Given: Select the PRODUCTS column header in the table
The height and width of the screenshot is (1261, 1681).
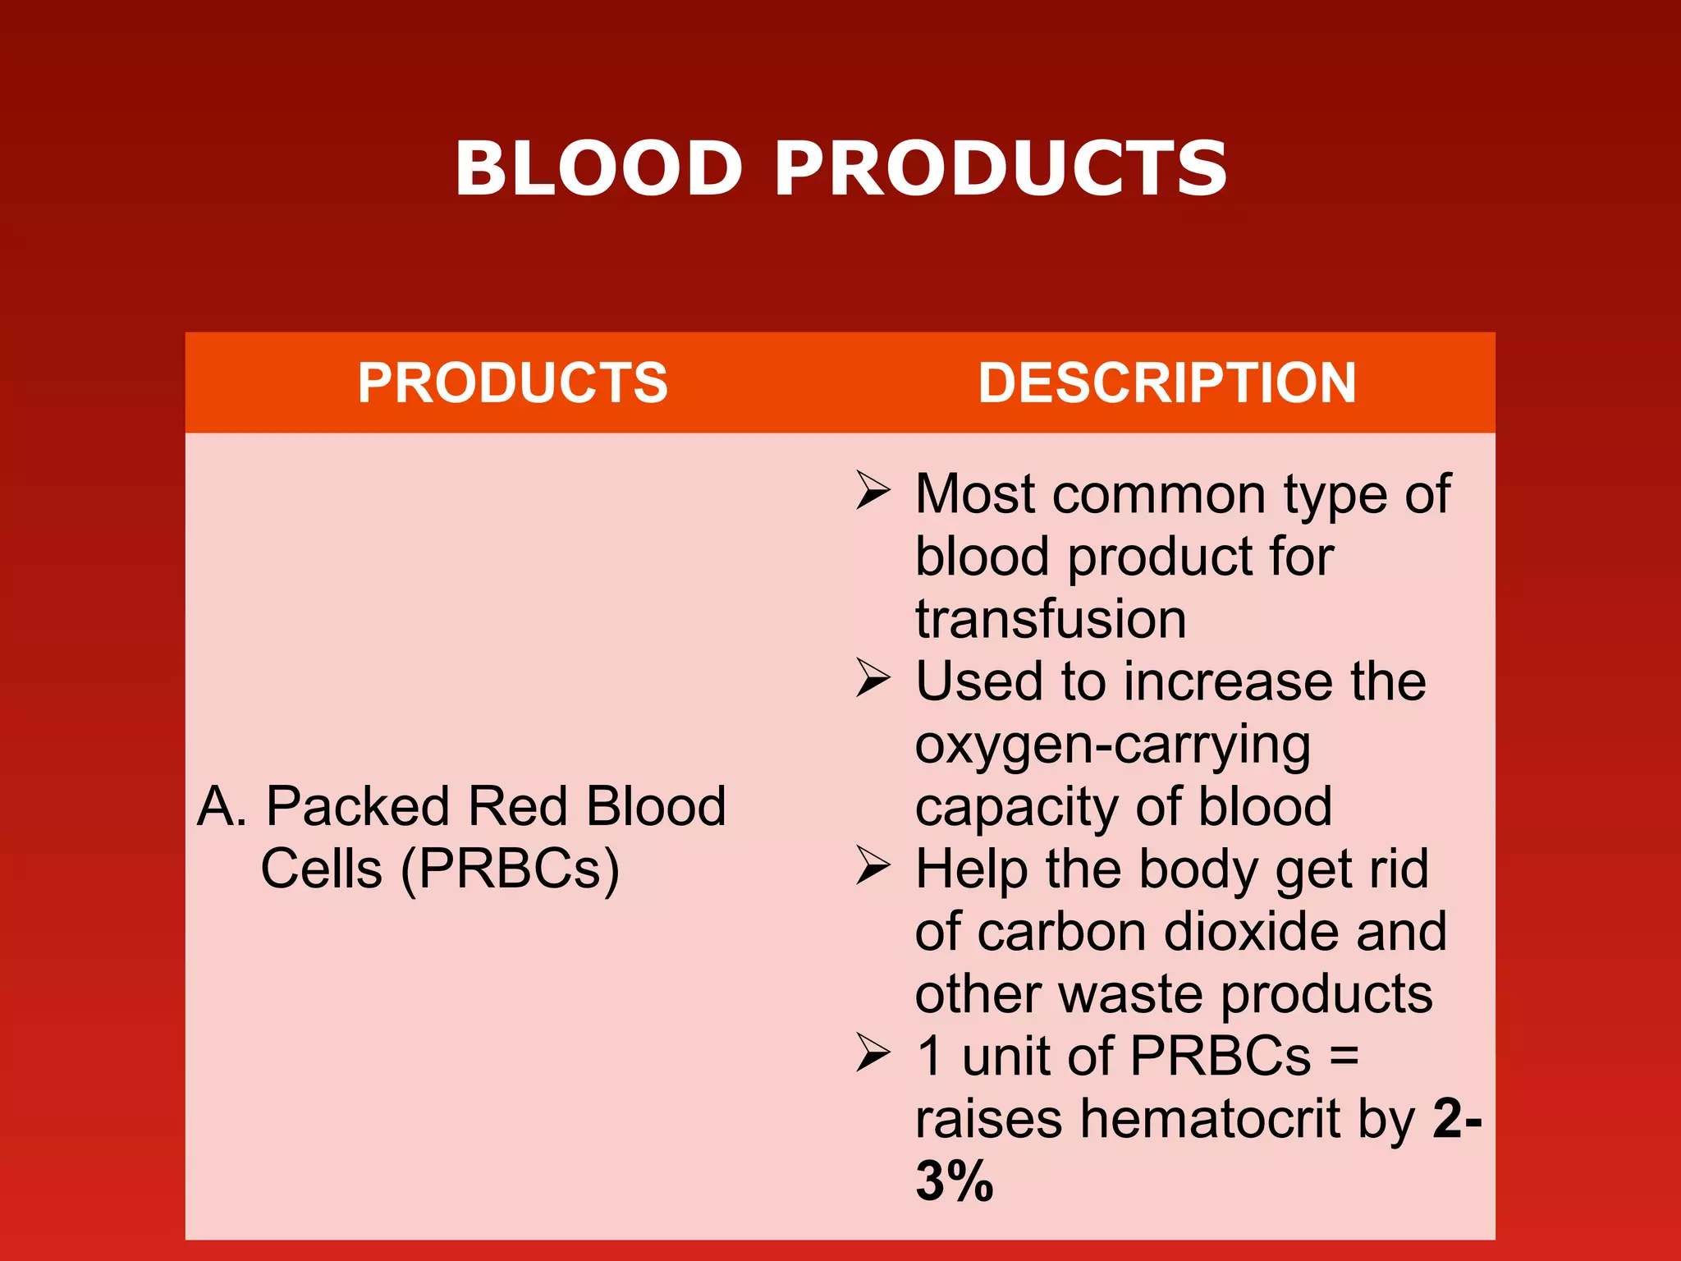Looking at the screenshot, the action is [x=512, y=383].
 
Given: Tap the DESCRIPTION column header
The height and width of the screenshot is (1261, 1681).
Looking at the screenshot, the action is [x=1166, y=383].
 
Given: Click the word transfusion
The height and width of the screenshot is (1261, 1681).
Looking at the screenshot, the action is [x=1051, y=619].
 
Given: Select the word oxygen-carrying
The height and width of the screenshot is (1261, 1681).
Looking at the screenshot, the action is [x=1112, y=745].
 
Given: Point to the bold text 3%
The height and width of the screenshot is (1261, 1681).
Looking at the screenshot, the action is [x=954, y=1182].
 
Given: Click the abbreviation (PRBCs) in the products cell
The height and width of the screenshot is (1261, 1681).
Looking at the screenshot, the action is [x=510, y=869].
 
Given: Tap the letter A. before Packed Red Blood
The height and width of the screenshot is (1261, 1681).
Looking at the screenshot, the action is [x=222, y=806].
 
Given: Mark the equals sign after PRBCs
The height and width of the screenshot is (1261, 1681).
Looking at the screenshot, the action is [x=1344, y=1056].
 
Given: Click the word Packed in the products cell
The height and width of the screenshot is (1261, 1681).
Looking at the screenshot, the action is [x=358, y=806].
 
